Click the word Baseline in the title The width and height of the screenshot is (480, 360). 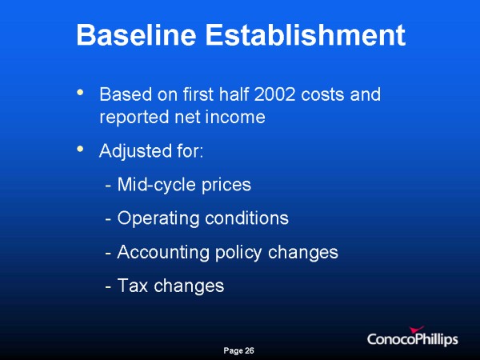pyautogui.click(x=136, y=35)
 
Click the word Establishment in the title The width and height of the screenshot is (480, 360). pyautogui.click(x=306, y=35)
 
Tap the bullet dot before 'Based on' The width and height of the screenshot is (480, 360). pyautogui.click(x=80, y=92)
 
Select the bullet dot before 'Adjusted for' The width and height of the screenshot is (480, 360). pyautogui.click(x=80, y=149)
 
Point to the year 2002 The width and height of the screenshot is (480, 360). pyautogui.click(x=274, y=94)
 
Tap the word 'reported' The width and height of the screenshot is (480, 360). pyautogui.click(x=134, y=118)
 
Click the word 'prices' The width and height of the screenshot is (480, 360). pyautogui.click(x=226, y=186)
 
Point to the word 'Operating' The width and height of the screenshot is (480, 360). pyautogui.click(x=158, y=218)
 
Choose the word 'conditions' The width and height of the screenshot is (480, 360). pyautogui.click(x=246, y=218)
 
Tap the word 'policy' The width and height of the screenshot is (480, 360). pyautogui.click(x=238, y=253)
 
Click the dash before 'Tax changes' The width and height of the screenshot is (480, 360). pyautogui.click(x=108, y=288)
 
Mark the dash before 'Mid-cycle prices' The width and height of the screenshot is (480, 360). pyautogui.click(x=108, y=186)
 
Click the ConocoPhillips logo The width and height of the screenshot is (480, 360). pyautogui.click(x=412, y=337)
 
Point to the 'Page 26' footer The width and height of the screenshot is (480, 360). pyautogui.click(x=238, y=350)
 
